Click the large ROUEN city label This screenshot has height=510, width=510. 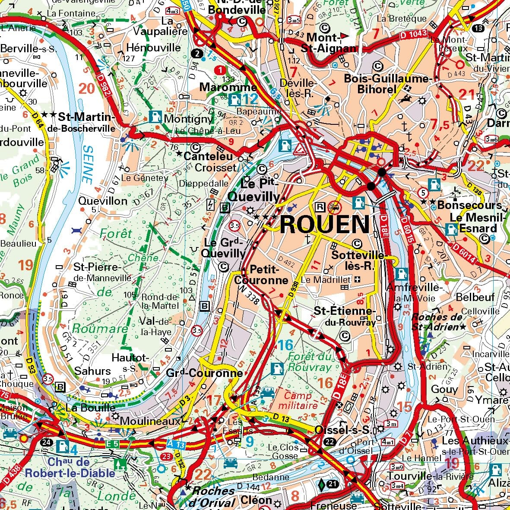(325, 225)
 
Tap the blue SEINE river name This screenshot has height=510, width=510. (87, 164)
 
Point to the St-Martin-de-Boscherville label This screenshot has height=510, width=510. (86, 122)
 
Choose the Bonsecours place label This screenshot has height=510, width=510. (469, 205)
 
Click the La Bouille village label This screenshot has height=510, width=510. (90, 408)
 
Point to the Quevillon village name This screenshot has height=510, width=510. (103, 201)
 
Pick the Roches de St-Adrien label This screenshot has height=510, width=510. (437, 322)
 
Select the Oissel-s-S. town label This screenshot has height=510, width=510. (343, 430)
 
